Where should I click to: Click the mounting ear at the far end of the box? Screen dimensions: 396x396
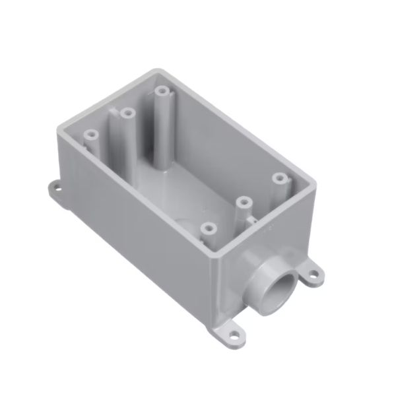click(58, 191)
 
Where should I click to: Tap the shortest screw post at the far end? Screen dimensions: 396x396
click(92, 134)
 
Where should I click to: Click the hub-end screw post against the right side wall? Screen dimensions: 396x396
click(280, 178)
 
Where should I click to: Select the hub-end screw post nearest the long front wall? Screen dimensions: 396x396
click(209, 228)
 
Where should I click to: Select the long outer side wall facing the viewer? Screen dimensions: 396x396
click(139, 224)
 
